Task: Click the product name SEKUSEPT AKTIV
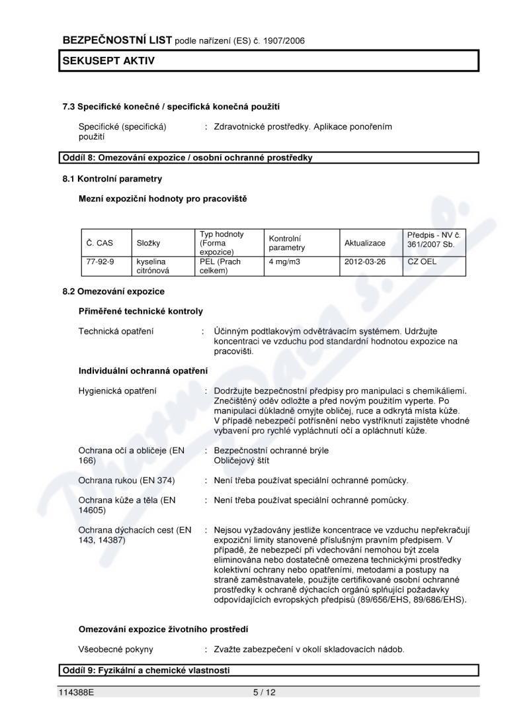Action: point(108,61)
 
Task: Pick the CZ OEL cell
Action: point(423,261)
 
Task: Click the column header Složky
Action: point(149,243)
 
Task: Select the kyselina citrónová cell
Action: point(153,266)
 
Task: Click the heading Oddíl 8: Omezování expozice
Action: point(187,158)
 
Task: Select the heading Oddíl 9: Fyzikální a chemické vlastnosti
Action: point(146,670)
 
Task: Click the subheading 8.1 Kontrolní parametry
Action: point(112,179)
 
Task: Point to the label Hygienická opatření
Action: point(118,390)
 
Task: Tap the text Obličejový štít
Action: point(241,460)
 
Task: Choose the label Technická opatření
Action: point(116,331)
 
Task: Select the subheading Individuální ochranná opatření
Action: point(143,370)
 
